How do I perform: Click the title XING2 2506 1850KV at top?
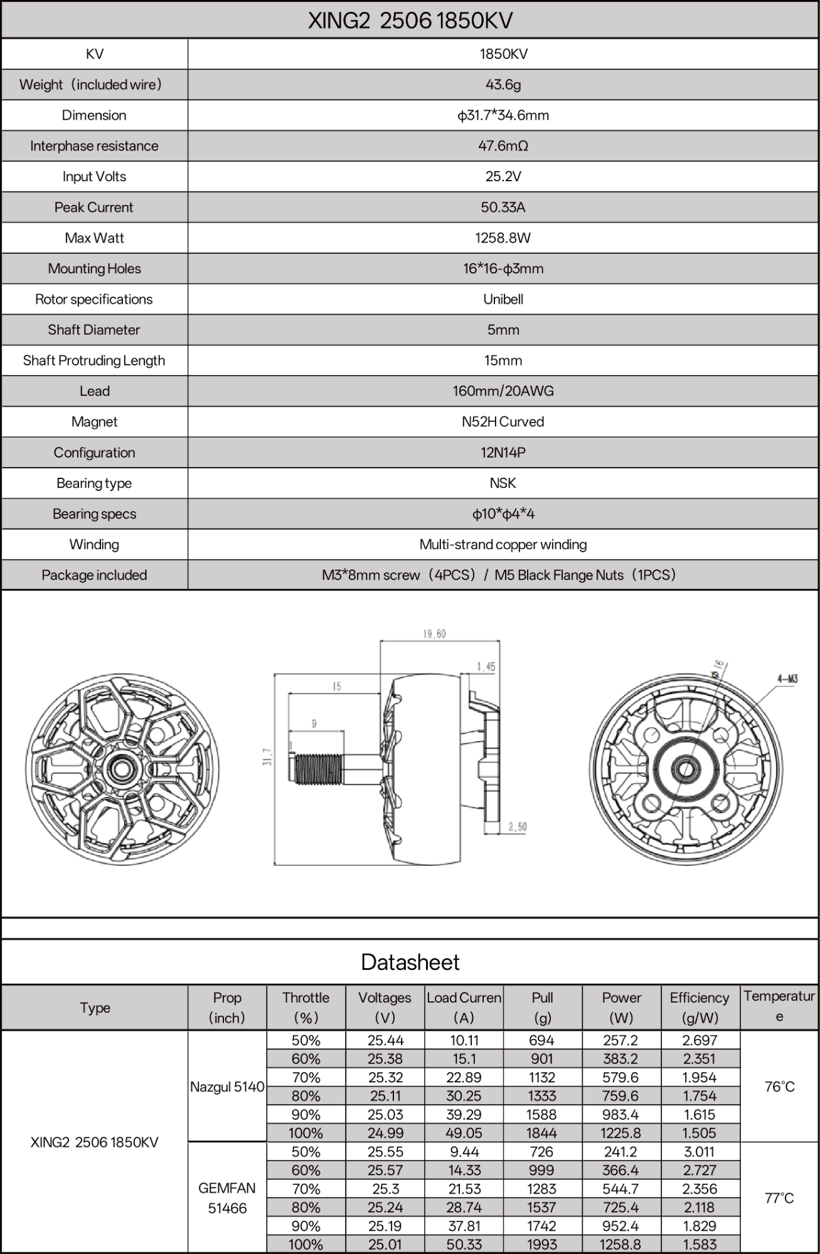pyautogui.click(x=410, y=21)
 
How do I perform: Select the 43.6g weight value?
pyautogui.click(x=503, y=85)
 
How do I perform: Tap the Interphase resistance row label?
pyautogui.click(x=94, y=146)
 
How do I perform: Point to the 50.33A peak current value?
pyautogui.click(x=503, y=208)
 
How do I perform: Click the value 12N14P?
pyautogui.click(x=503, y=453)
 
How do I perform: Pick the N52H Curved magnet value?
pyautogui.click(x=503, y=422)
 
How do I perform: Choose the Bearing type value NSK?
pyautogui.click(x=503, y=483)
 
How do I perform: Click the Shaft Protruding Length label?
pyautogui.click(x=94, y=361)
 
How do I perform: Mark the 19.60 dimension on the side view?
pyautogui.click(x=434, y=634)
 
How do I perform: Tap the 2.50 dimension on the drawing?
pyautogui.click(x=518, y=827)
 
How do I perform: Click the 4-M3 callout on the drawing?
pyautogui.click(x=787, y=678)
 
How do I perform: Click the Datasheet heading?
pyautogui.click(x=410, y=962)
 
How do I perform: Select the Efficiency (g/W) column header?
pyautogui.click(x=700, y=1008)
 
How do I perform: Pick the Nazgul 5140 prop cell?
pyautogui.click(x=227, y=1087)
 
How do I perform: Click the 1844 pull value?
pyautogui.click(x=542, y=1133)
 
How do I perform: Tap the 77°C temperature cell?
pyautogui.click(x=779, y=1198)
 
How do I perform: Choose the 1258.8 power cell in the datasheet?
pyautogui.click(x=620, y=1245)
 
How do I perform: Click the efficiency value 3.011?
pyautogui.click(x=700, y=1152)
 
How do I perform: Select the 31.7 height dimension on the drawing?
pyautogui.click(x=268, y=757)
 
